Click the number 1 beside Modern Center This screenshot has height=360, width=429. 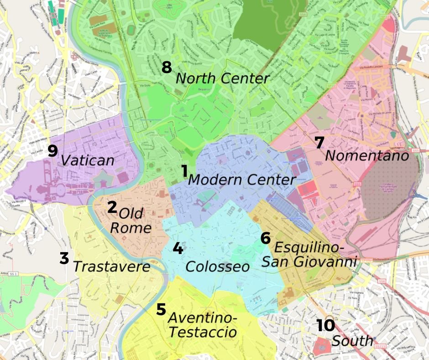tap(184, 171)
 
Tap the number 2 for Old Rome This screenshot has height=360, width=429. tap(112, 207)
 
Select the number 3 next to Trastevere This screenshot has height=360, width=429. tap(64, 258)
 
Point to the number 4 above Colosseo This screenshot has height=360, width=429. tap(178, 248)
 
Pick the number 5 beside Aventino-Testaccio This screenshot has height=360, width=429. tap(161, 309)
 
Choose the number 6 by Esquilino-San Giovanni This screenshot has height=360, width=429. tap(266, 238)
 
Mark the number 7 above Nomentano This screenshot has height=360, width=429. tap(319, 143)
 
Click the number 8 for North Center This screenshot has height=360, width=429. tap(167, 68)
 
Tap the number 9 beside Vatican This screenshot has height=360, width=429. tap(53, 150)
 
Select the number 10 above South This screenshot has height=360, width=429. tap(326, 326)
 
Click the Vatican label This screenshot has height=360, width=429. tap(87, 160)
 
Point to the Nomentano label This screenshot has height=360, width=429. tap(366, 156)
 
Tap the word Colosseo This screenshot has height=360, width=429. tap(218, 266)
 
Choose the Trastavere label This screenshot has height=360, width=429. tap(111, 267)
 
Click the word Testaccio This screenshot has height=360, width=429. tap(202, 332)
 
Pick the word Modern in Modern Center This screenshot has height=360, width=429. tap(215, 180)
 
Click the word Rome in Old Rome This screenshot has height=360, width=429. tap(131, 228)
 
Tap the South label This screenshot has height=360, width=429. tap(352, 341)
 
